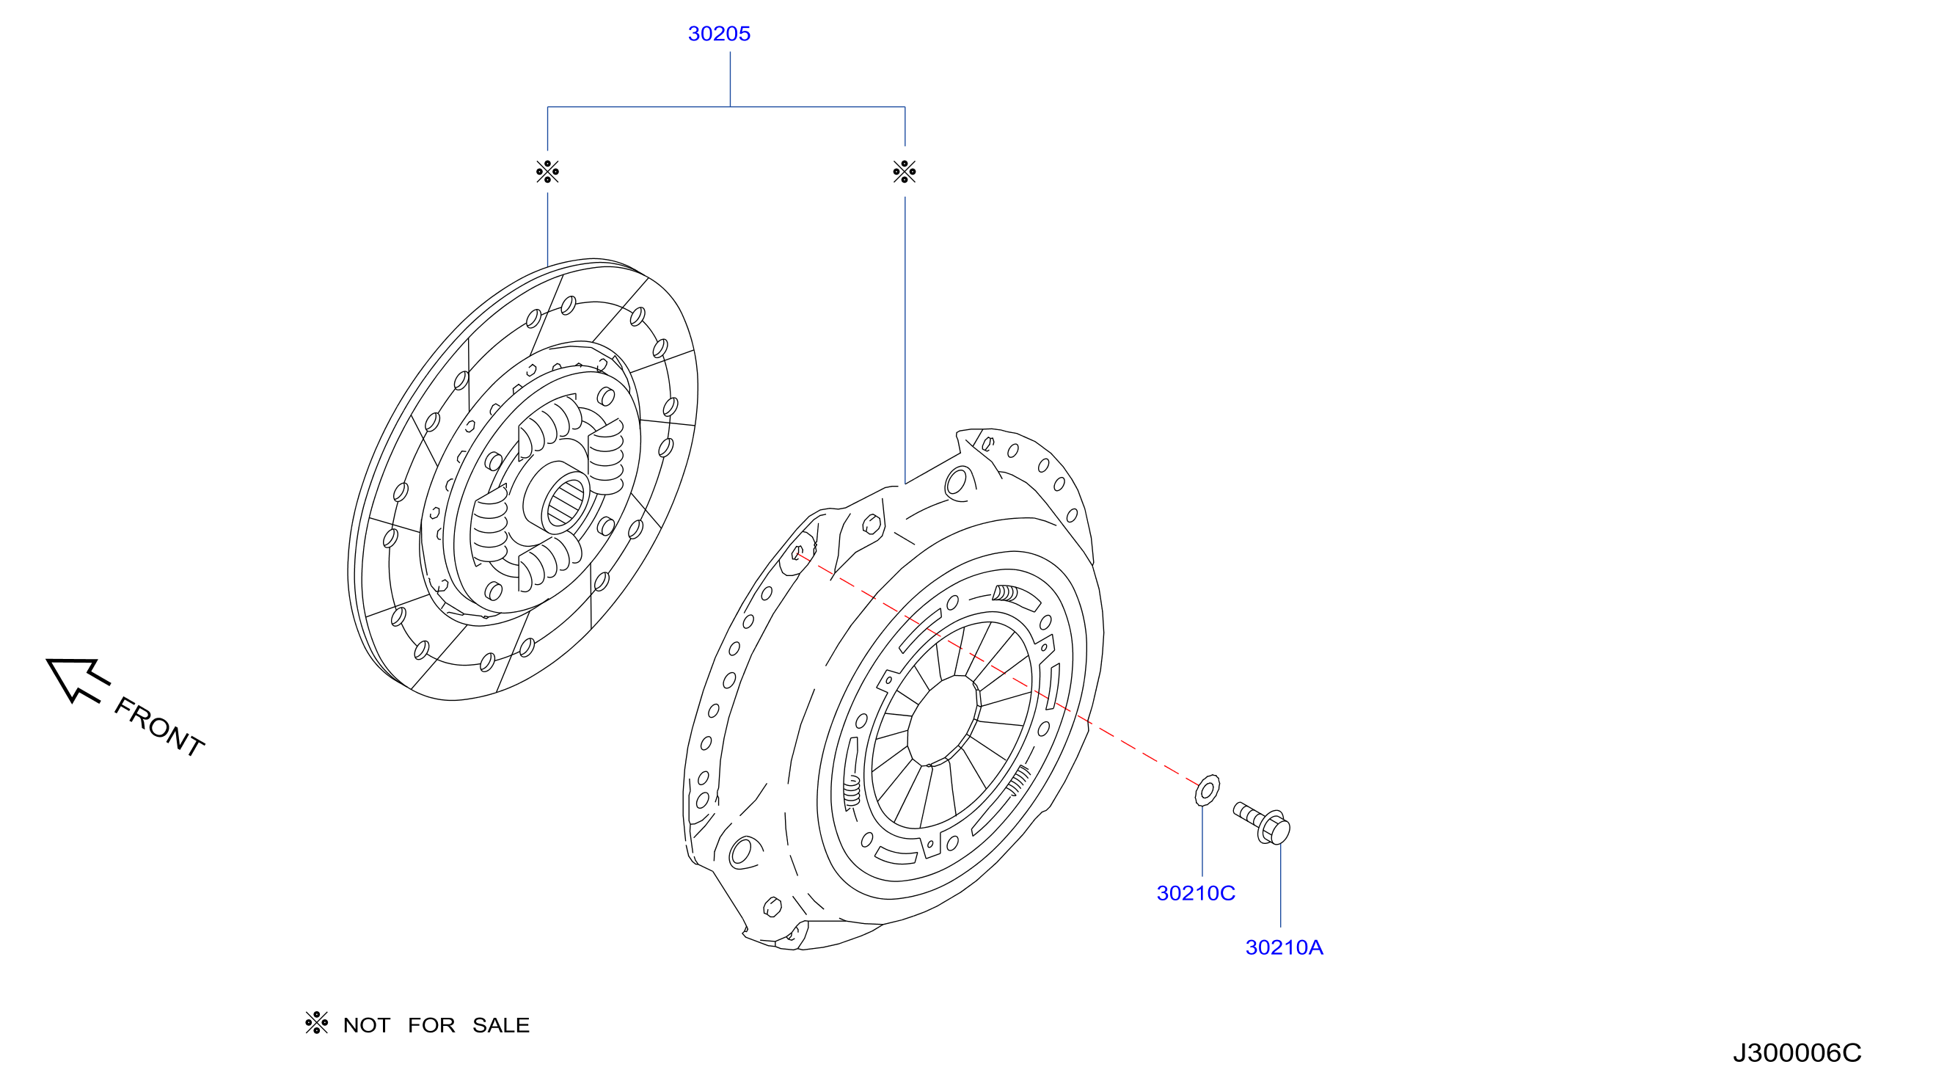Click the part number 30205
point(718,34)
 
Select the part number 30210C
point(1195,893)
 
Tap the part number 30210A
point(1284,947)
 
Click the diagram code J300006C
point(1797,1053)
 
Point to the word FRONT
point(158,726)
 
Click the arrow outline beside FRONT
point(78,680)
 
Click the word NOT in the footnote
point(366,1025)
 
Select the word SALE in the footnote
point(500,1025)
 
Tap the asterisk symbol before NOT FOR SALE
point(316,1023)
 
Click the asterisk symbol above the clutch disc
point(547,172)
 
